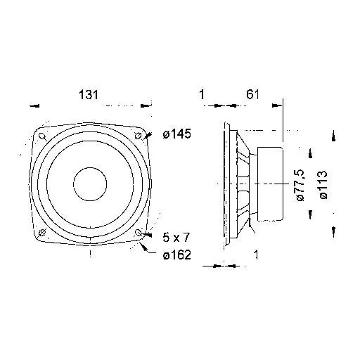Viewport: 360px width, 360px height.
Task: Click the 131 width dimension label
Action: pyautogui.click(x=89, y=95)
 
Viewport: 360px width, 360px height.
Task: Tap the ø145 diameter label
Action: pyautogui.click(x=177, y=134)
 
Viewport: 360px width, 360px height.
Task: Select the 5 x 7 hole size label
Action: pyautogui.click(x=176, y=238)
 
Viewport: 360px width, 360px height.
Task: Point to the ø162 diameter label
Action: pyautogui.click(x=177, y=255)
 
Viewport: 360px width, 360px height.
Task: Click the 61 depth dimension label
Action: pyautogui.click(x=252, y=94)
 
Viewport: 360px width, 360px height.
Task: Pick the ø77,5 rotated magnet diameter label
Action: pyautogui.click(x=300, y=185)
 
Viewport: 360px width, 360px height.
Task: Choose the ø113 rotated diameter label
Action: pyautogui.click(x=323, y=185)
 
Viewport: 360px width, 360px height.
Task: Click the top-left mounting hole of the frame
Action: pyautogui.click(x=42, y=136)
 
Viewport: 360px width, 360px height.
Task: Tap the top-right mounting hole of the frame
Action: pyautogui.click(x=138, y=136)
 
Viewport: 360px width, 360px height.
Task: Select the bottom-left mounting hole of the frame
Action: pyautogui.click(x=42, y=233)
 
